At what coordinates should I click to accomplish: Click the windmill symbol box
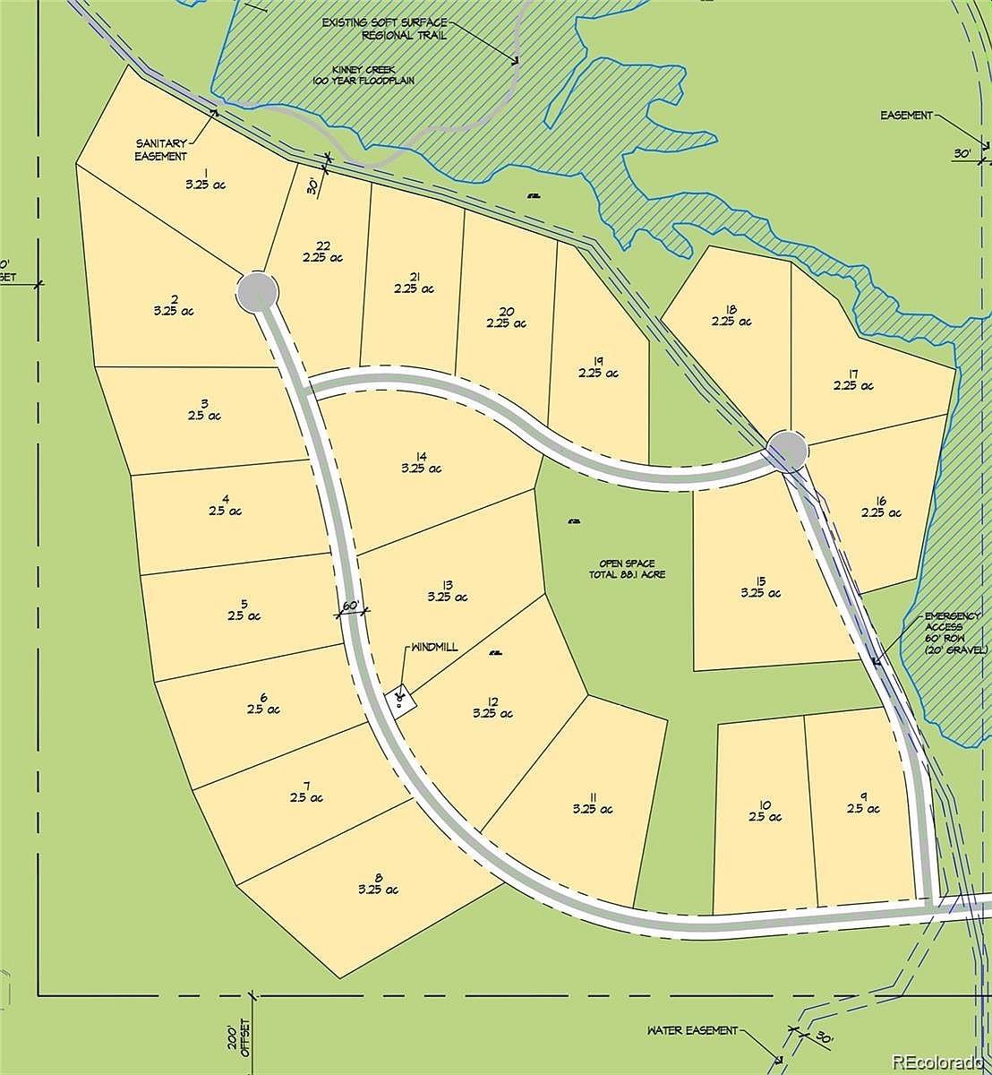tap(401, 698)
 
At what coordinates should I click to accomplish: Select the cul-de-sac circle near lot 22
tap(258, 290)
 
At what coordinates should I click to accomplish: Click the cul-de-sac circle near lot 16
tap(788, 451)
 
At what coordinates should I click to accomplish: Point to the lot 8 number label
tap(379, 876)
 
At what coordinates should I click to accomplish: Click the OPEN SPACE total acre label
tap(627, 569)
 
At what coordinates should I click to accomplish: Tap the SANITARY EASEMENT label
tap(161, 149)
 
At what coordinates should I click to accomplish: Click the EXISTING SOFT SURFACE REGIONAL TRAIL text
tap(385, 28)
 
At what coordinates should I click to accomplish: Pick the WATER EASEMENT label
tap(693, 1030)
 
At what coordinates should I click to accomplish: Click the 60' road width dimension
tap(352, 606)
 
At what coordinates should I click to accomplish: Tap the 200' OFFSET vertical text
tap(237, 1048)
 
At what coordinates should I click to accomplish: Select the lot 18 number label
tap(731, 306)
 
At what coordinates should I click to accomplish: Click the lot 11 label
tap(593, 795)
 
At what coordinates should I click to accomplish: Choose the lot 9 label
tap(864, 795)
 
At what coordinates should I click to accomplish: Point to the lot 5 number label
tap(244, 603)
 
